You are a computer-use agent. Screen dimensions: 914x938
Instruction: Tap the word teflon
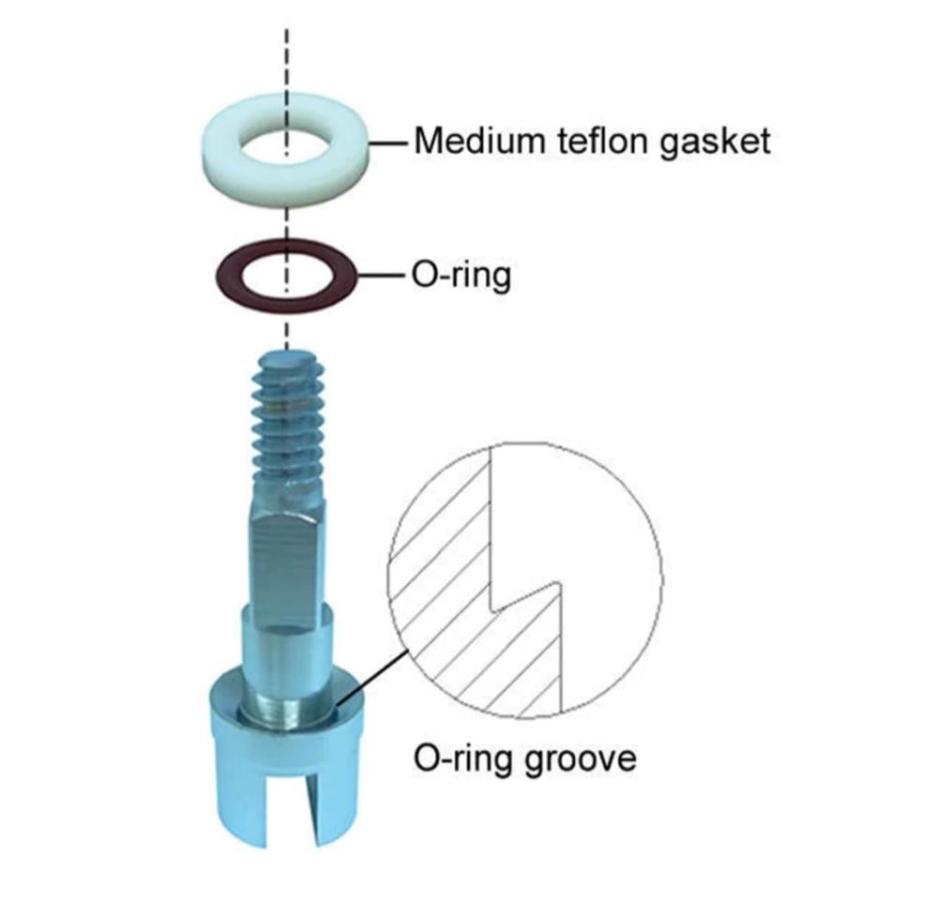tap(606, 142)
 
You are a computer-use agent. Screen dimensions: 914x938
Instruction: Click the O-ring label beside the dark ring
tap(461, 277)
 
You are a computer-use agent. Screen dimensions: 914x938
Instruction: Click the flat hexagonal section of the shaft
tap(287, 553)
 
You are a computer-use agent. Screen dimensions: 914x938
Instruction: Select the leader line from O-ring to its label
tap(382, 277)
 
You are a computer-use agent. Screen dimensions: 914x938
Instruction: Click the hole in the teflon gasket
tap(285, 145)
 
